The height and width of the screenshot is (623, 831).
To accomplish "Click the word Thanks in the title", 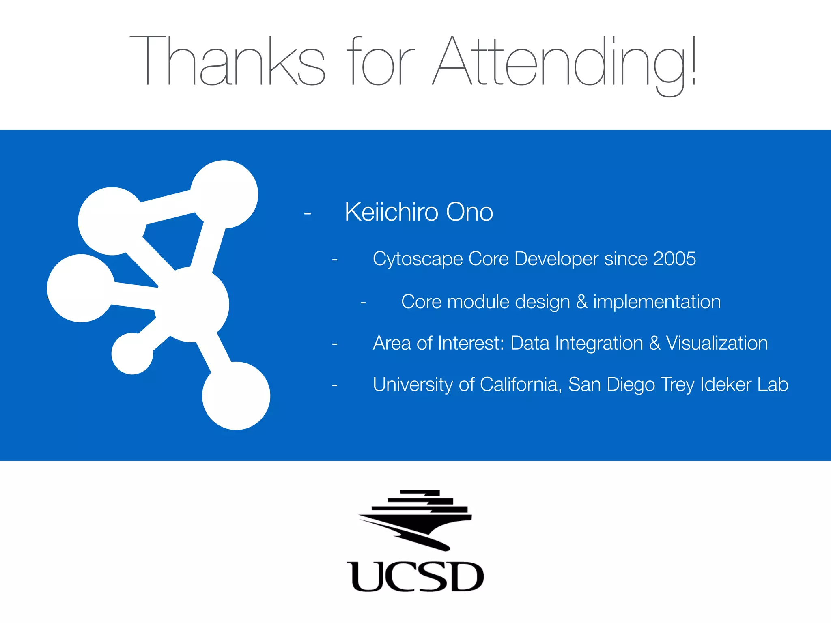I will pyautogui.click(x=227, y=61).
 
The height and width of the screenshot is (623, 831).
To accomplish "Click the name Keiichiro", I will pyautogui.click(x=392, y=212).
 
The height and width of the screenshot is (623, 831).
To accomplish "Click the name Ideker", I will pyautogui.click(x=726, y=385).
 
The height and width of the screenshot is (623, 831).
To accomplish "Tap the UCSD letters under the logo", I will pyautogui.click(x=415, y=577).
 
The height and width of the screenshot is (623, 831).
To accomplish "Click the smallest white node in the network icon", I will pyautogui.click(x=132, y=353).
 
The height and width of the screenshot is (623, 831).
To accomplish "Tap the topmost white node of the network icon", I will pyautogui.click(x=224, y=194).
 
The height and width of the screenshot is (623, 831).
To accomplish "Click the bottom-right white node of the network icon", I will pyautogui.click(x=236, y=395).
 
